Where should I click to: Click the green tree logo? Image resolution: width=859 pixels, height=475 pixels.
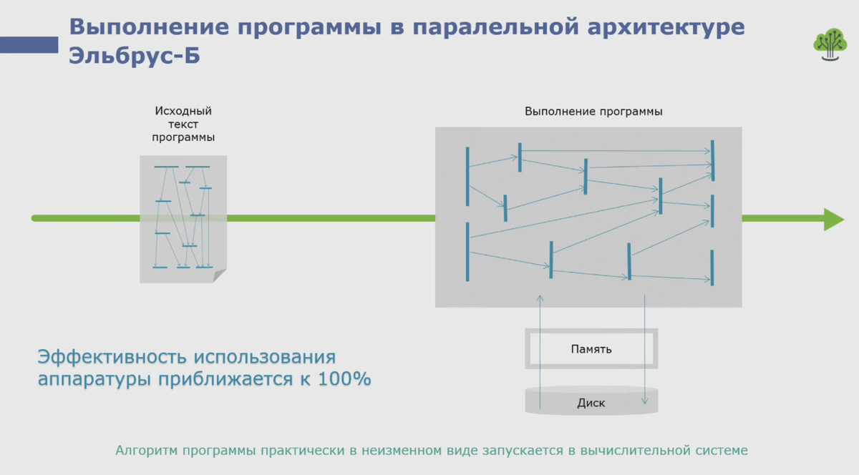830,45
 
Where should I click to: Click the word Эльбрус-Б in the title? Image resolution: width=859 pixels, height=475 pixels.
135,57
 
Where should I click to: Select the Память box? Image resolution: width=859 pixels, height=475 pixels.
591,349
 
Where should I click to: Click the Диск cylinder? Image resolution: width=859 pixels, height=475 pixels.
591,402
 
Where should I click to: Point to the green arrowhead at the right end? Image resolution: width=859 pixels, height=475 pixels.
833,219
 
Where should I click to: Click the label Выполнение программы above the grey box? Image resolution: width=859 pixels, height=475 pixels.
593,112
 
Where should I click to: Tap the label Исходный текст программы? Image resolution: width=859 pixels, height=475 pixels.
184,124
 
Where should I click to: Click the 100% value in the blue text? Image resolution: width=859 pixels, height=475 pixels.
346,379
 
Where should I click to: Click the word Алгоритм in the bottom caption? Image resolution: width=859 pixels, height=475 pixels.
147,451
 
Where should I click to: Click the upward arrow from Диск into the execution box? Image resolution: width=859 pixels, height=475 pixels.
540,343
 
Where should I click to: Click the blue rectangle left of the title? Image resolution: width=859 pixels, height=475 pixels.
29,45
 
